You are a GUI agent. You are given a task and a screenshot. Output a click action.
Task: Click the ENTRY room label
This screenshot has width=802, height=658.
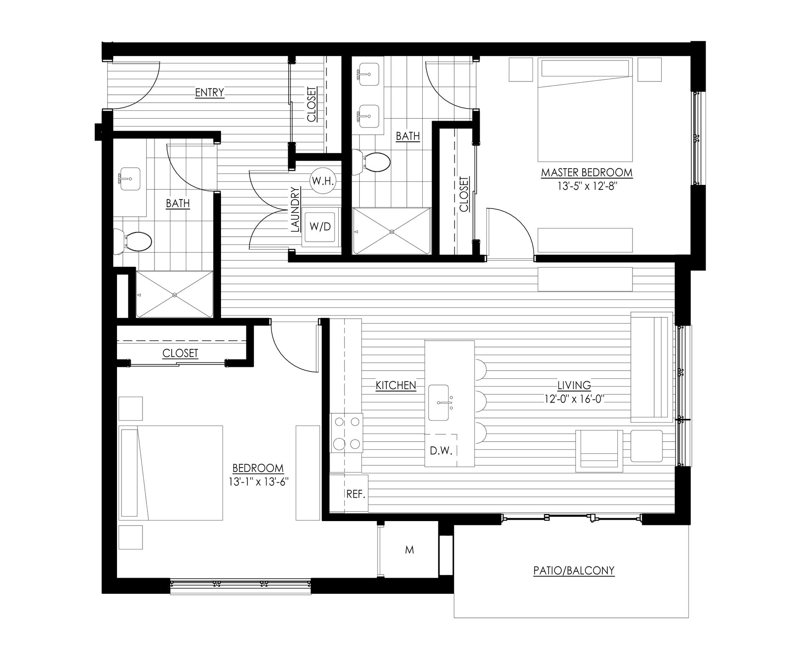(210, 92)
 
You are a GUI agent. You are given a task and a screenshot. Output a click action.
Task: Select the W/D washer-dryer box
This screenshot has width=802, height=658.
(320, 226)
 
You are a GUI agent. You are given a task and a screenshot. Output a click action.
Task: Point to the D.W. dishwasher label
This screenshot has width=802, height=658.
(441, 451)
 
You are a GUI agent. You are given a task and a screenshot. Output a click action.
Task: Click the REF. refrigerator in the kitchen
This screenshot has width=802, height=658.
(356, 494)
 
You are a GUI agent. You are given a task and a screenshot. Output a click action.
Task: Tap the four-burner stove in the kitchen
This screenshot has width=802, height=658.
(347, 433)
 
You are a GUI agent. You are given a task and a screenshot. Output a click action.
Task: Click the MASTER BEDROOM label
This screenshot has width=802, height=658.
(586, 172)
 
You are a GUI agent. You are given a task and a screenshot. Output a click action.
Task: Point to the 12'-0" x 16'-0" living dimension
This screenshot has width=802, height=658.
(574, 399)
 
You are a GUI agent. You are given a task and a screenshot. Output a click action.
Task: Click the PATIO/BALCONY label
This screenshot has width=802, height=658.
(574, 570)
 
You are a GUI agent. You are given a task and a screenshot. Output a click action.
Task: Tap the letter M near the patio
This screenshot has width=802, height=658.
(409, 550)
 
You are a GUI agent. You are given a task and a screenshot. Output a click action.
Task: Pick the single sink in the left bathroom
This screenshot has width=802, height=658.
(130, 178)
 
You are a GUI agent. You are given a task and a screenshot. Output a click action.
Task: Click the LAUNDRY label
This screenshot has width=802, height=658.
(295, 210)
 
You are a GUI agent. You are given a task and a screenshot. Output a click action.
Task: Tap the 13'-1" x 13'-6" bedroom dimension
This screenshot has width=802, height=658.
(259, 481)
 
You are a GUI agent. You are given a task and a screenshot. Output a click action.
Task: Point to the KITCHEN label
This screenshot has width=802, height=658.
(396, 385)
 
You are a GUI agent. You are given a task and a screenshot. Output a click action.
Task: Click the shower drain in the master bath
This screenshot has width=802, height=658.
(392, 231)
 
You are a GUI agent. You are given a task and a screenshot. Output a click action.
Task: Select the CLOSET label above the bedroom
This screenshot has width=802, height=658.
(180, 353)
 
